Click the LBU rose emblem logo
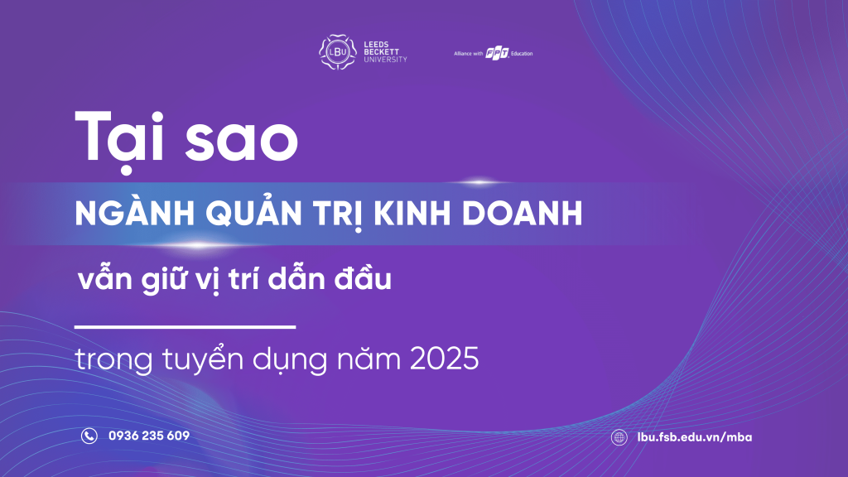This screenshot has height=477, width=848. pos(338,52)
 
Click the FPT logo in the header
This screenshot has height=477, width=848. pos(497,53)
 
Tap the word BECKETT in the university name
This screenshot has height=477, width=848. pos(381,52)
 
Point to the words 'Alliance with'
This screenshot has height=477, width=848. pos(469,54)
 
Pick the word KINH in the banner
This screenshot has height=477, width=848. pos(412,213)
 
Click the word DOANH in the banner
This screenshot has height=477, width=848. pos(523,213)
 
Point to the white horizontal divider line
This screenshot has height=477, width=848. pos(185,326)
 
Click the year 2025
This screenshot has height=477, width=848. pos(444,359)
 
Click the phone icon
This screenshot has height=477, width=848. pos(89,436)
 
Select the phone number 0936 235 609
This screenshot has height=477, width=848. pos(149,436)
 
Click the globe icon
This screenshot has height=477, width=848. pos(619,437)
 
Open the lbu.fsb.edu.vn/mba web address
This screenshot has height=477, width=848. pos(695,437)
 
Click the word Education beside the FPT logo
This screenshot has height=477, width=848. pos(522,54)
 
